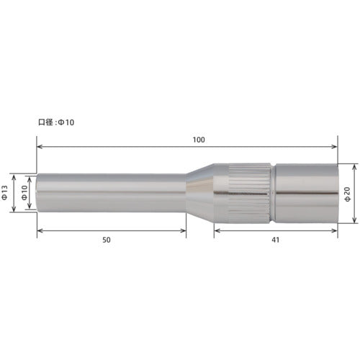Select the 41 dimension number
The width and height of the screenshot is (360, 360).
click(276, 240)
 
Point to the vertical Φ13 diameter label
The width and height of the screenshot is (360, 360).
click(5, 192)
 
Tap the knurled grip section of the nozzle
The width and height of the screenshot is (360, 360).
click(249, 192)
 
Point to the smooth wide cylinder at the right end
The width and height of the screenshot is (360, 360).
click(306, 192)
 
